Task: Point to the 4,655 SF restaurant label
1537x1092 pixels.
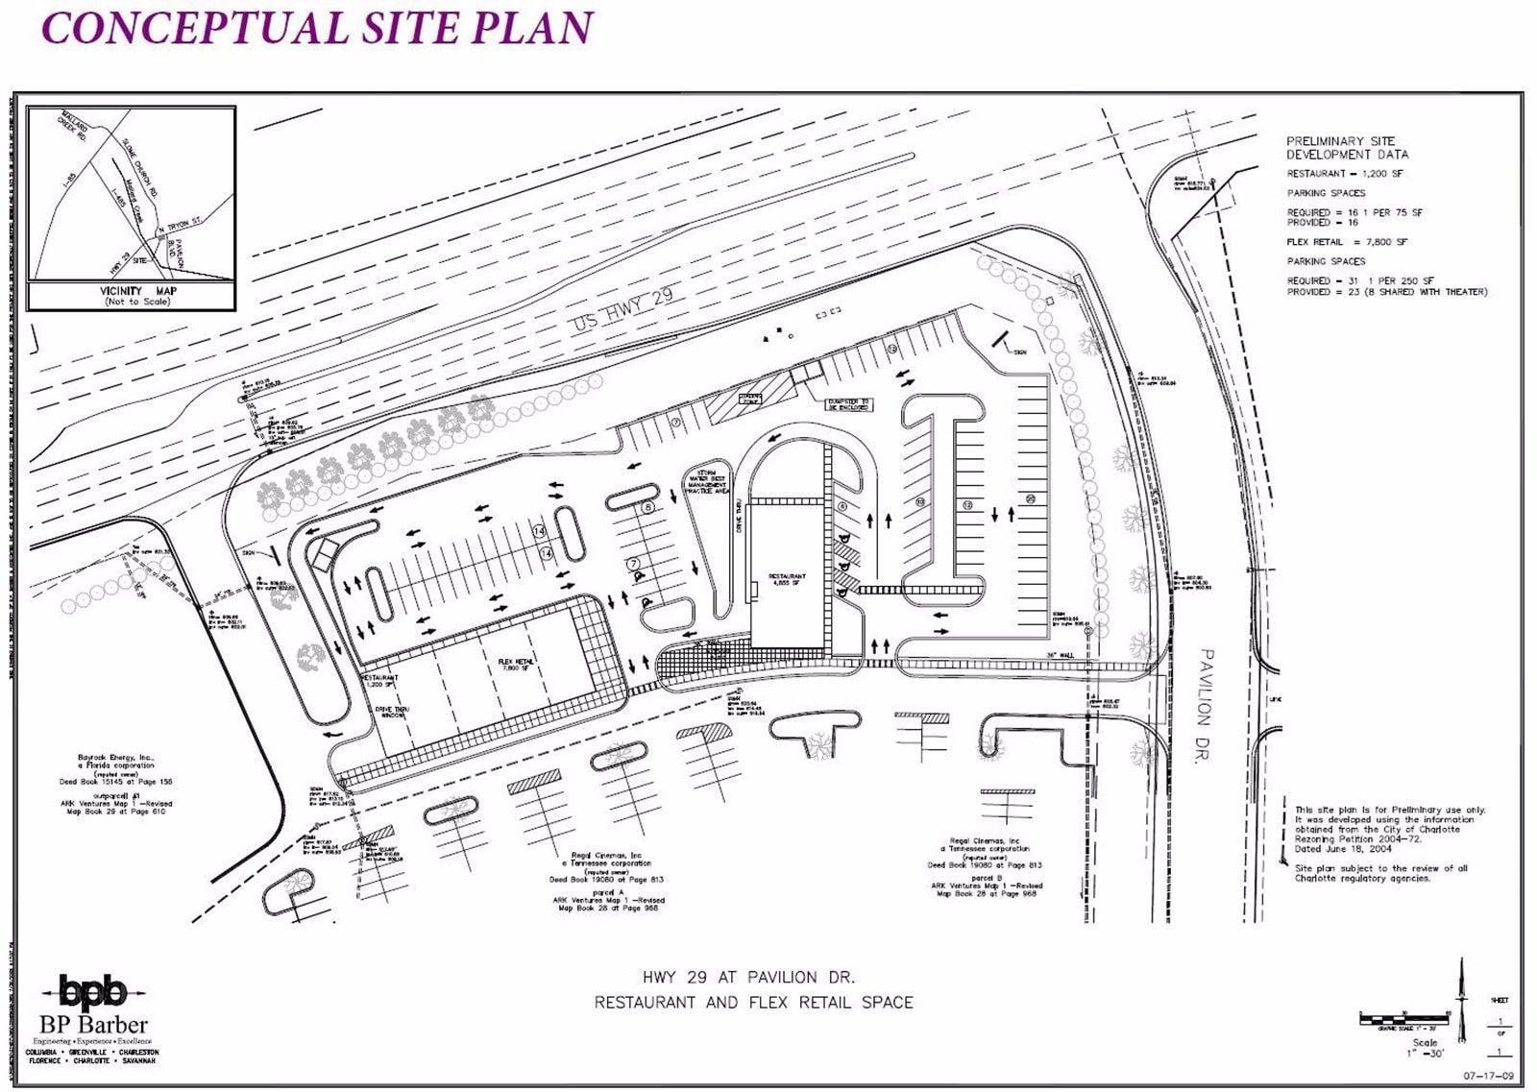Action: (x=788, y=580)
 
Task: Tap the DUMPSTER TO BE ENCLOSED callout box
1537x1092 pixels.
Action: (x=849, y=405)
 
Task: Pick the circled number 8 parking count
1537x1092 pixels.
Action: (x=647, y=507)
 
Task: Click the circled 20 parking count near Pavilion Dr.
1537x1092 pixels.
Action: (x=1030, y=497)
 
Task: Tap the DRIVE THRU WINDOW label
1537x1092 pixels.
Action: (x=390, y=712)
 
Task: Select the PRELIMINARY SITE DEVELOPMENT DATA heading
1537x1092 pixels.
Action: (x=1347, y=147)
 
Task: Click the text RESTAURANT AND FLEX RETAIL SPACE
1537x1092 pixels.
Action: (x=753, y=1003)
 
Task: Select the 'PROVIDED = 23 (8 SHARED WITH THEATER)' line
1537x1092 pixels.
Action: (x=1386, y=292)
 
